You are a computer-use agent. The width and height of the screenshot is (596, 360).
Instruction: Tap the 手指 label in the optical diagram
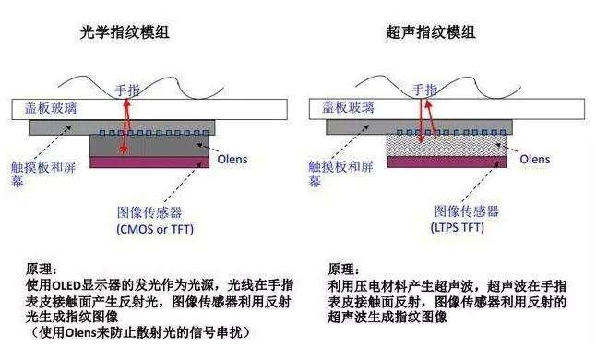(127, 90)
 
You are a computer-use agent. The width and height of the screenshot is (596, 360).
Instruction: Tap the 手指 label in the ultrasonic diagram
(423, 90)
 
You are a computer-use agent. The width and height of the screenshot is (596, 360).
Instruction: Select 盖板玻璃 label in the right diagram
(350, 108)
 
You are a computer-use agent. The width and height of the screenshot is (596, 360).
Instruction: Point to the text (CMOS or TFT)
(154, 227)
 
